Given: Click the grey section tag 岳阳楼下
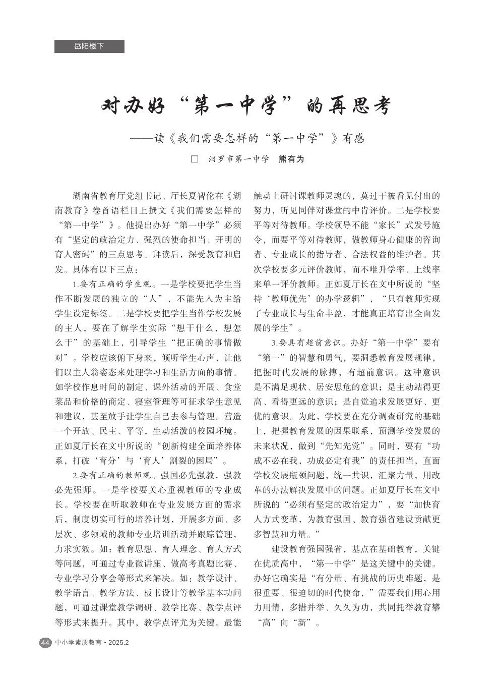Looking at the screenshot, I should [89, 46].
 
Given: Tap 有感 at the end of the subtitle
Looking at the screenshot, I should [353, 138].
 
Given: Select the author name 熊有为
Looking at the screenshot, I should [292, 159].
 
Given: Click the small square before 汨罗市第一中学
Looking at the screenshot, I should [195, 159].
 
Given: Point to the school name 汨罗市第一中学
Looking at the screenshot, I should [239, 159].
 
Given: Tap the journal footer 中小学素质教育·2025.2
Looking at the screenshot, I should [93, 643].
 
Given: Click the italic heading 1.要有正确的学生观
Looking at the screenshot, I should [114, 284].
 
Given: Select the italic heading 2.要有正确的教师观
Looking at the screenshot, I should [114, 475].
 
